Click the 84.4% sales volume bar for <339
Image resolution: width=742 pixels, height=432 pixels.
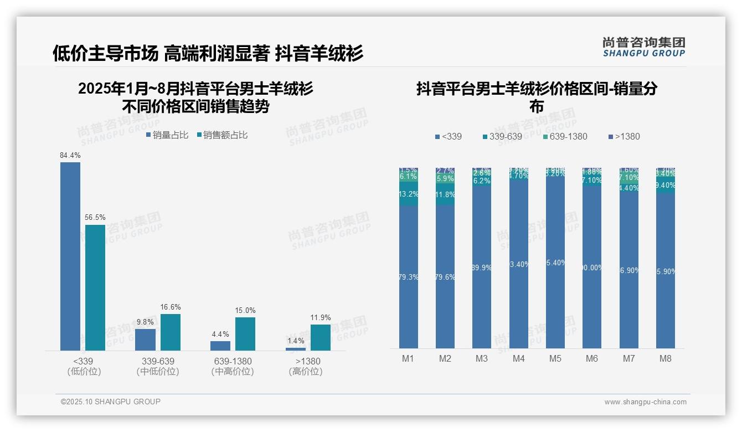[x=70, y=256]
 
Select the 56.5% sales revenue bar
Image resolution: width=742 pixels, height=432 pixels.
[x=95, y=287]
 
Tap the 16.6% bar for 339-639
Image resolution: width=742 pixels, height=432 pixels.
[x=171, y=332]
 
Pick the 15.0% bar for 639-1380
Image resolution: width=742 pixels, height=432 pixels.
[x=245, y=333]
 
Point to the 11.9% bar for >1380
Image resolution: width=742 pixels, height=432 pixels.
[x=320, y=337]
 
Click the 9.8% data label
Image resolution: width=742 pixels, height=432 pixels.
[x=145, y=322]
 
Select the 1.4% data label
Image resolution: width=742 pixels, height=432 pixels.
[x=296, y=341]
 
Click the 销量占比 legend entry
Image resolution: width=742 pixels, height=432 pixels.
[x=167, y=135]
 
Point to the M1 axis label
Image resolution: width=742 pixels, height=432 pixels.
[x=408, y=358]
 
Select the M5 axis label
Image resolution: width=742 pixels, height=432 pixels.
[x=555, y=358]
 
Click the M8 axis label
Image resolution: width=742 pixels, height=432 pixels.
[x=666, y=358]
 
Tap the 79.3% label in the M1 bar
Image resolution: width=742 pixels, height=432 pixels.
[x=409, y=277]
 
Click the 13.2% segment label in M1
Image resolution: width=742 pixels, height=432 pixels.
[x=409, y=194]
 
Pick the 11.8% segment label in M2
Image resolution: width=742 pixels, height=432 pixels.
[x=445, y=194]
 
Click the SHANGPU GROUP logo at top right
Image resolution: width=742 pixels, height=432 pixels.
[x=643, y=47]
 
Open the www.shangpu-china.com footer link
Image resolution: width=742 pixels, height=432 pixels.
[x=645, y=402]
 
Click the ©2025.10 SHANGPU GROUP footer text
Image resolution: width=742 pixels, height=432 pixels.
[x=111, y=402]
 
